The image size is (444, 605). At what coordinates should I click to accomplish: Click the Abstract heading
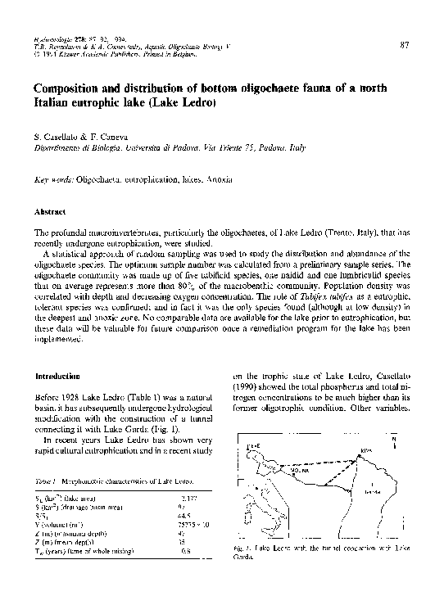tap(48, 211)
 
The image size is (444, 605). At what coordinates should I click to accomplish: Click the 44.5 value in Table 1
tap(185, 515)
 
